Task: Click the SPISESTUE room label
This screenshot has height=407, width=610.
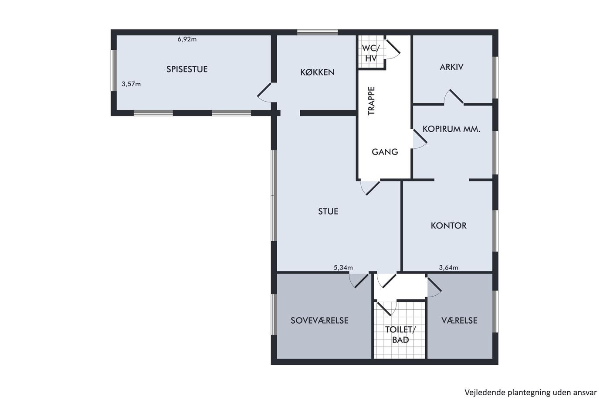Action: click(187, 69)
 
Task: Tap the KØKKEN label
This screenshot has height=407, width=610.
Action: click(317, 72)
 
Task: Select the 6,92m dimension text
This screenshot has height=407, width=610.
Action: click(187, 39)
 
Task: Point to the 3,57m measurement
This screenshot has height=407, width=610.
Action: click(131, 84)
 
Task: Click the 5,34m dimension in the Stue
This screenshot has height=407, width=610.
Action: click(343, 268)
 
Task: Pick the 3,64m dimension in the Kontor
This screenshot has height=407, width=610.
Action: click(448, 268)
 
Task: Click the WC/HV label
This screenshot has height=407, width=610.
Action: click(371, 53)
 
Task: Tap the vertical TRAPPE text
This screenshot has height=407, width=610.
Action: click(371, 101)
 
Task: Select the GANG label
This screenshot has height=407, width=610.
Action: click(385, 152)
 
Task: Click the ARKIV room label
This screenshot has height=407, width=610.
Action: click(451, 67)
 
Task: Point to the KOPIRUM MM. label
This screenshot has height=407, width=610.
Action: click(451, 129)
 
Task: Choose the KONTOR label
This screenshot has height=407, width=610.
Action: click(448, 226)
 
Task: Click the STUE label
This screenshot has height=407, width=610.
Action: click(328, 211)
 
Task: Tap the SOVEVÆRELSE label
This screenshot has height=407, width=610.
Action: click(319, 320)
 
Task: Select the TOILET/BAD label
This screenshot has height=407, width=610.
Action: click(400, 335)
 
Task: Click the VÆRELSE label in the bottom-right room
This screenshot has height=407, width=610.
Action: click(459, 320)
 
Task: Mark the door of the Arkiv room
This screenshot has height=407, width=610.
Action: click(454, 97)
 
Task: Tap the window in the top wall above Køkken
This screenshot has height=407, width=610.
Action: click(317, 32)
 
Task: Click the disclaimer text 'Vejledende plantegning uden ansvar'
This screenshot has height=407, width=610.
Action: click(531, 392)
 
